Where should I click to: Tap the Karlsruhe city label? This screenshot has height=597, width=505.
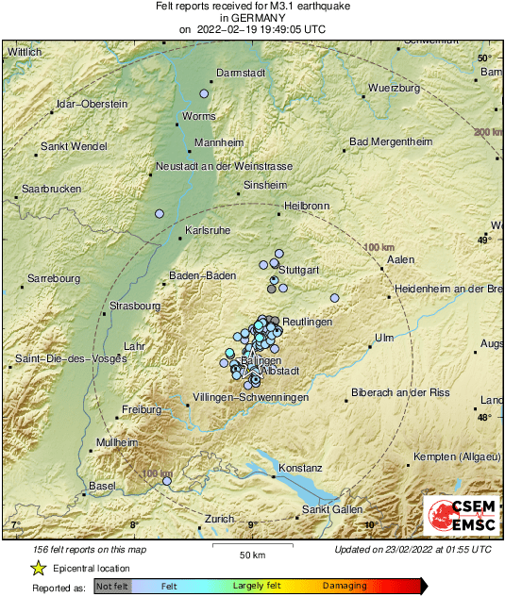click(x=209, y=229)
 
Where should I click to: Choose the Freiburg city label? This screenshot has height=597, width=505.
click(x=143, y=409)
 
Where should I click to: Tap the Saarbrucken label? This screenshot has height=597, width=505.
click(x=51, y=189)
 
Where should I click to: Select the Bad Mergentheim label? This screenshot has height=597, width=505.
click(x=390, y=141)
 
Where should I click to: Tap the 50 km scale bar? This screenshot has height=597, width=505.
click(x=250, y=545)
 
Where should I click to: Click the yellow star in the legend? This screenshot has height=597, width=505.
click(x=39, y=569)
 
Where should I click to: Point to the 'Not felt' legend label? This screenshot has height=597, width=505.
click(x=111, y=587)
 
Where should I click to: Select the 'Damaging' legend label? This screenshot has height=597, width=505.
click(x=345, y=587)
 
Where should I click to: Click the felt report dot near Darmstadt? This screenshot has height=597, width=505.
click(x=204, y=94)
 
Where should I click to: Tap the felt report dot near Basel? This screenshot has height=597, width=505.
click(x=167, y=481)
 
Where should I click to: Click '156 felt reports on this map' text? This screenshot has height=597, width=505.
click(x=90, y=549)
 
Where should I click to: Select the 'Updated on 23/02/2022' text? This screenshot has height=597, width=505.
click(x=412, y=549)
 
